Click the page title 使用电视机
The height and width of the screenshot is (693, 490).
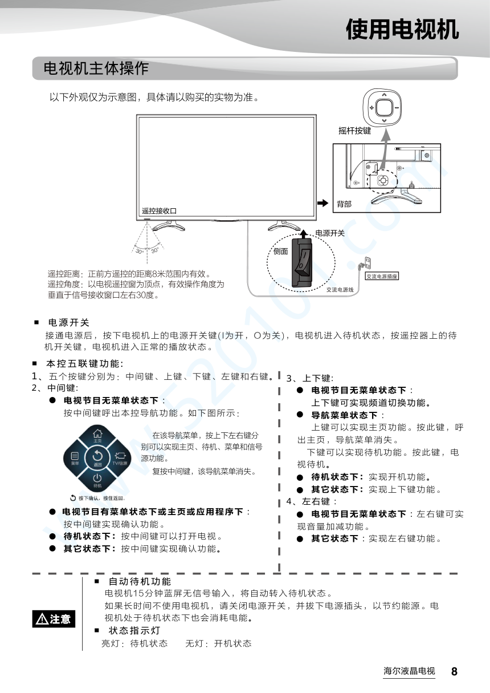click(x=402, y=30)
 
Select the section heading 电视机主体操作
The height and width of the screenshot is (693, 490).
click(x=96, y=68)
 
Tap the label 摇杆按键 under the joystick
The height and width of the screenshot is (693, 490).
click(x=354, y=131)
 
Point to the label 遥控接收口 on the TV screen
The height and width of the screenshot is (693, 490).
click(x=159, y=211)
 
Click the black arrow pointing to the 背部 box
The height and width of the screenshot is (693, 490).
click(x=323, y=203)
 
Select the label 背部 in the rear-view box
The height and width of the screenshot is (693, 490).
click(x=344, y=204)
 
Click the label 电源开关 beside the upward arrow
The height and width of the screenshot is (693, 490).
click(x=330, y=233)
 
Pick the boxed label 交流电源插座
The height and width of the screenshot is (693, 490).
click(x=382, y=276)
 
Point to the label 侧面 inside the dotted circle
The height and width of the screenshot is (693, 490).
click(x=280, y=252)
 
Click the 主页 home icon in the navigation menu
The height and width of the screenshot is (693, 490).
click(x=97, y=436)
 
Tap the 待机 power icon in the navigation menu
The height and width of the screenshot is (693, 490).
click(x=97, y=480)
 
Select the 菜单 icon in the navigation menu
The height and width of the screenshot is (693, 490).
click(x=75, y=459)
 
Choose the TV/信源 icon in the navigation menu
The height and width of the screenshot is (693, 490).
click(x=120, y=459)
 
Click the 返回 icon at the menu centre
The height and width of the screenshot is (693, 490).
click(x=97, y=458)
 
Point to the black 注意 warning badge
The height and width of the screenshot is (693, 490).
click(x=54, y=619)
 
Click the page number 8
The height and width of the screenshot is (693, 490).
click(x=454, y=671)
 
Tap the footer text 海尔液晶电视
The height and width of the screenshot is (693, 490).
click(x=409, y=671)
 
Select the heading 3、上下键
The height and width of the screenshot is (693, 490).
click(x=309, y=378)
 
